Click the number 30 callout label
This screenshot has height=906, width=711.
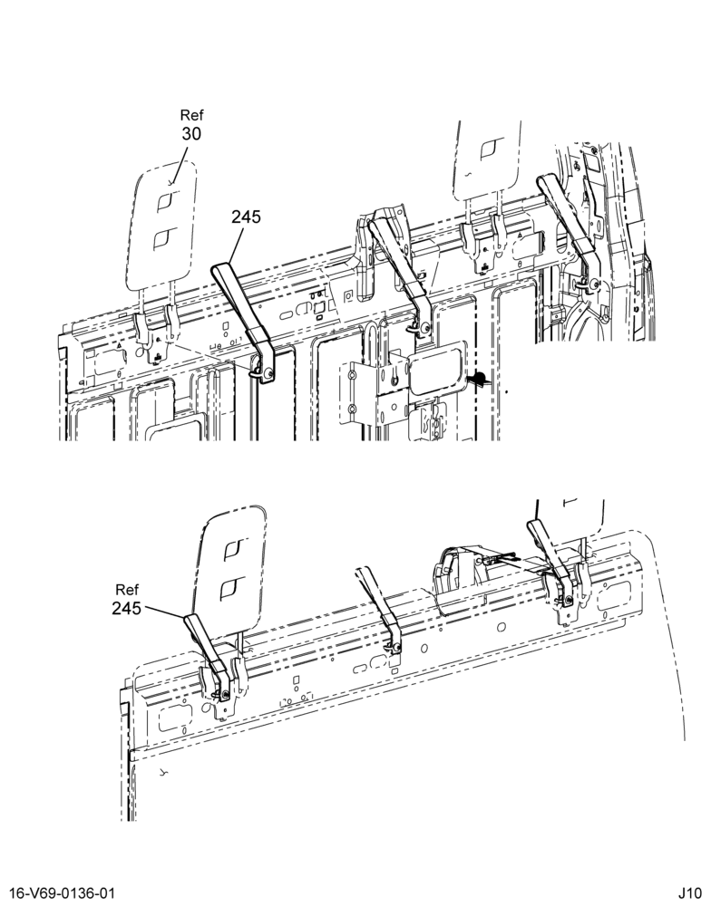point(191,134)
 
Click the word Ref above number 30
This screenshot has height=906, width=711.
point(192,115)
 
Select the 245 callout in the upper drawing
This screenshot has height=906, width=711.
point(247,217)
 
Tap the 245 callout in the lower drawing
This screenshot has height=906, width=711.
point(127,609)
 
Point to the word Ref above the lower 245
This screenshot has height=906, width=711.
point(127,590)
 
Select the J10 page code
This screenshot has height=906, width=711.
point(691,893)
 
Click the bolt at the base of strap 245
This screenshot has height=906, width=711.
point(266,374)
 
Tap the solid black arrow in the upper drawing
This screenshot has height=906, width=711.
point(479,380)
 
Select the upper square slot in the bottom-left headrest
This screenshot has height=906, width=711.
point(235,550)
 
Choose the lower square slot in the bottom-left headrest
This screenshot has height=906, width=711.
point(231,588)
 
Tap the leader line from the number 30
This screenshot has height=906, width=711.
point(179,166)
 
